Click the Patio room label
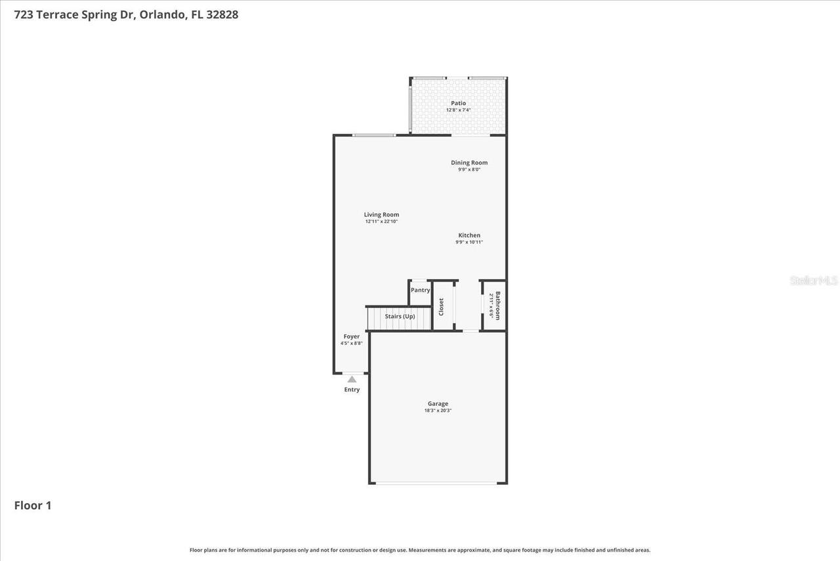click(458, 103)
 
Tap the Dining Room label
click(469, 163)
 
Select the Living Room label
click(381, 215)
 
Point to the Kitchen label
click(469, 235)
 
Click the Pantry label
click(420, 290)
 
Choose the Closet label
click(441, 307)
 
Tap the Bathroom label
click(497, 306)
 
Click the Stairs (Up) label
click(400, 317)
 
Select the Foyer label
click(352, 336)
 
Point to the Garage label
click(438, 404)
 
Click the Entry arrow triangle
click(352, 379)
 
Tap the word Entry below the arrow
click(352, 390)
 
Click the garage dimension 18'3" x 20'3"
click(438, 411)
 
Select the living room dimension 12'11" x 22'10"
click(381, 221)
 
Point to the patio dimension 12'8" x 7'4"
click(458, 110)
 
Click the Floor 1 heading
click(33, 505)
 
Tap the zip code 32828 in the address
click(222, 14)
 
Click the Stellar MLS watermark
click(814, 280)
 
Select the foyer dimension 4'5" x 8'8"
click(352, 343)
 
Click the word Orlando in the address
click(162, 14)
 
